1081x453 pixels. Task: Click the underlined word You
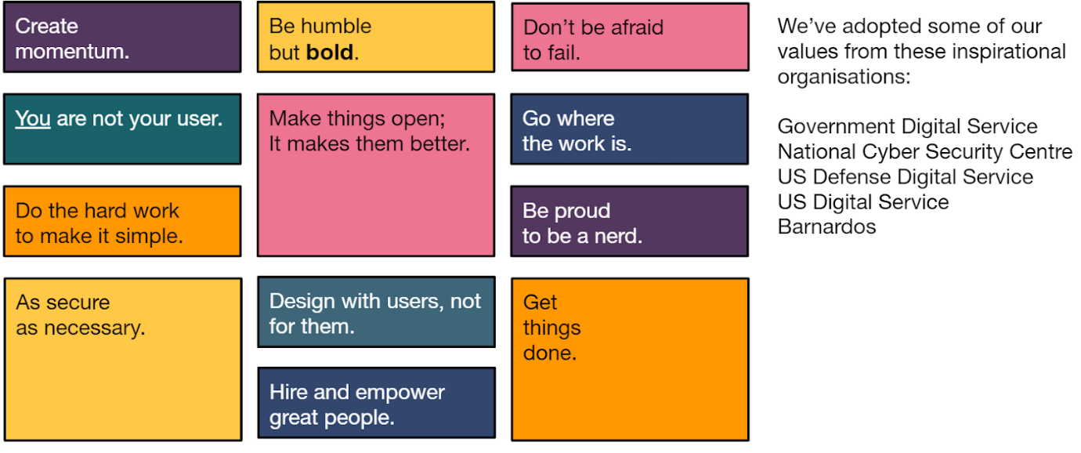click(x=33, y=119)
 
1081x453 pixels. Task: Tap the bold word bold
click(x=330, y=53)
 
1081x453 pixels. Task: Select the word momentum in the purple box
click(x=72, y=52)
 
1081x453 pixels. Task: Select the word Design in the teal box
click(x=302, y=302)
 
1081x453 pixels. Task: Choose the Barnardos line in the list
click(x=826, y=226)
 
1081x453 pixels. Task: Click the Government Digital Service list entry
click(x=907, y=126)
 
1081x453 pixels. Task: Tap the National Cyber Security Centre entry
click(x=924, y=151)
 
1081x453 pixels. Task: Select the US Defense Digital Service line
click(x=906, y=177)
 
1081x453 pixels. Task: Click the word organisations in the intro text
click(x=844, y=77)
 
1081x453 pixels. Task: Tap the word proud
click(x=583, y=212)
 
